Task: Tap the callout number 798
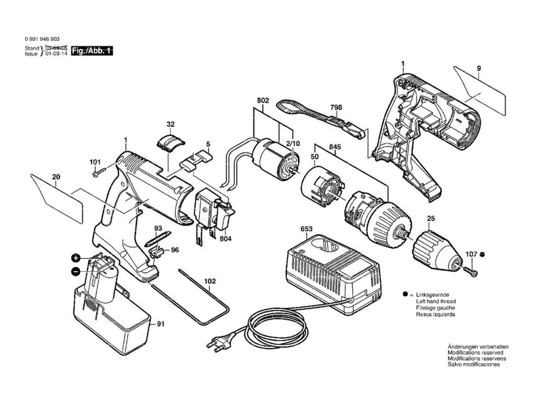tap(336, 107)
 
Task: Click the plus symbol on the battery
tap(76, 259)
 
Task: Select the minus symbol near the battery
tap(76, 272)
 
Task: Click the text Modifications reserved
tap(471, 353)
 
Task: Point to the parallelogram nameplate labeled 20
tap(57, 197)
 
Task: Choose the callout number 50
tap(315, 157)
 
